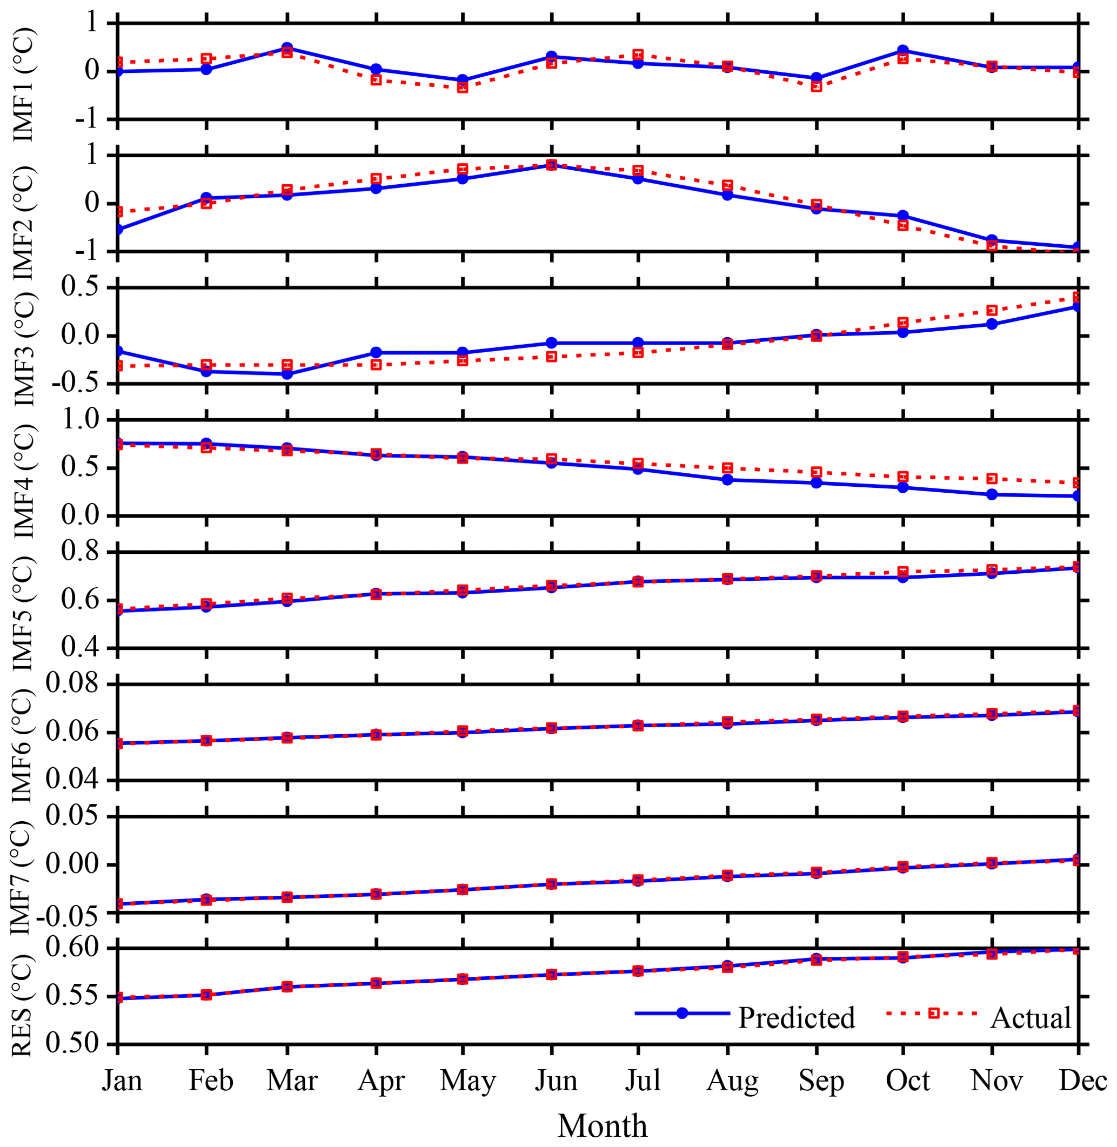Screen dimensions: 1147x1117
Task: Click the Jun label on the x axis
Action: click(556, 1080)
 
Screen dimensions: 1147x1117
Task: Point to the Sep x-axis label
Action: click(821, 1080)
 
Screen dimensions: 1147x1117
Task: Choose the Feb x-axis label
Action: click(211, 1080)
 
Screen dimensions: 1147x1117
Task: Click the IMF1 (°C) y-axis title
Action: click(23, 83)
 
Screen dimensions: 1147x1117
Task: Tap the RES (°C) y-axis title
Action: click(23, 1005)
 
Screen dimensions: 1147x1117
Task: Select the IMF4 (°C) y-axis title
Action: click(23, 480)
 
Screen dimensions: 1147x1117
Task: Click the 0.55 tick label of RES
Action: click(73, 996)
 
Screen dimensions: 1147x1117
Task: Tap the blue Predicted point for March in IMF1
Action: click(287, 48)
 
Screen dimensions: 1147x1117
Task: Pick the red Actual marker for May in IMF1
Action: click(462, 88)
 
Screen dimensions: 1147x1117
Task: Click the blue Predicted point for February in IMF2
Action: click(206, 198)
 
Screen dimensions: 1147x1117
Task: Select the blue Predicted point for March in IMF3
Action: click(287, 373)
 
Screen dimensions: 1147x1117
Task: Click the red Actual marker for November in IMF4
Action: click(992, 479)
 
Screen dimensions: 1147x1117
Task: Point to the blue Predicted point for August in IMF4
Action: click(727, 480)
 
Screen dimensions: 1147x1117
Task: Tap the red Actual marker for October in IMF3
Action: click(903, 323)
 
